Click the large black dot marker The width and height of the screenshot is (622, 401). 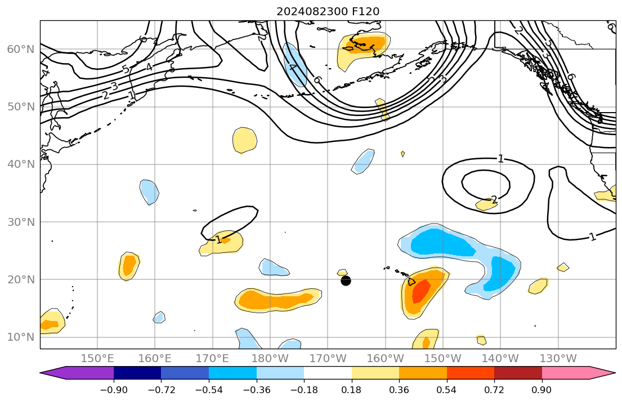pos(346,280)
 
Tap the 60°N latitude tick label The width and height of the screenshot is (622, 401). pos(20,49)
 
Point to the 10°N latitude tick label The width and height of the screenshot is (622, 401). pos(20,337)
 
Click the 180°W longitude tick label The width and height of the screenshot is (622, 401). pos(270,358)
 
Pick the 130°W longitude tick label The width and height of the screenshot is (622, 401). pos(558,358)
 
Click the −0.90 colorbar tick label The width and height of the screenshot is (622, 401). pos(114,390)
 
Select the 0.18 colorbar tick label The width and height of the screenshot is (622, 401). pos(352,390)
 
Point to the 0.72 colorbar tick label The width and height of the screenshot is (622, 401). pos(494,390)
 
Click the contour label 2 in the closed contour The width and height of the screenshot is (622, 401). pos(494,200)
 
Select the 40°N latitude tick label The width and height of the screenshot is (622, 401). pos(20,164)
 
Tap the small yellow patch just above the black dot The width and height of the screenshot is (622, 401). pos(342,273)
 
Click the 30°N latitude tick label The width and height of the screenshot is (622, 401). pos(20,221)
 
